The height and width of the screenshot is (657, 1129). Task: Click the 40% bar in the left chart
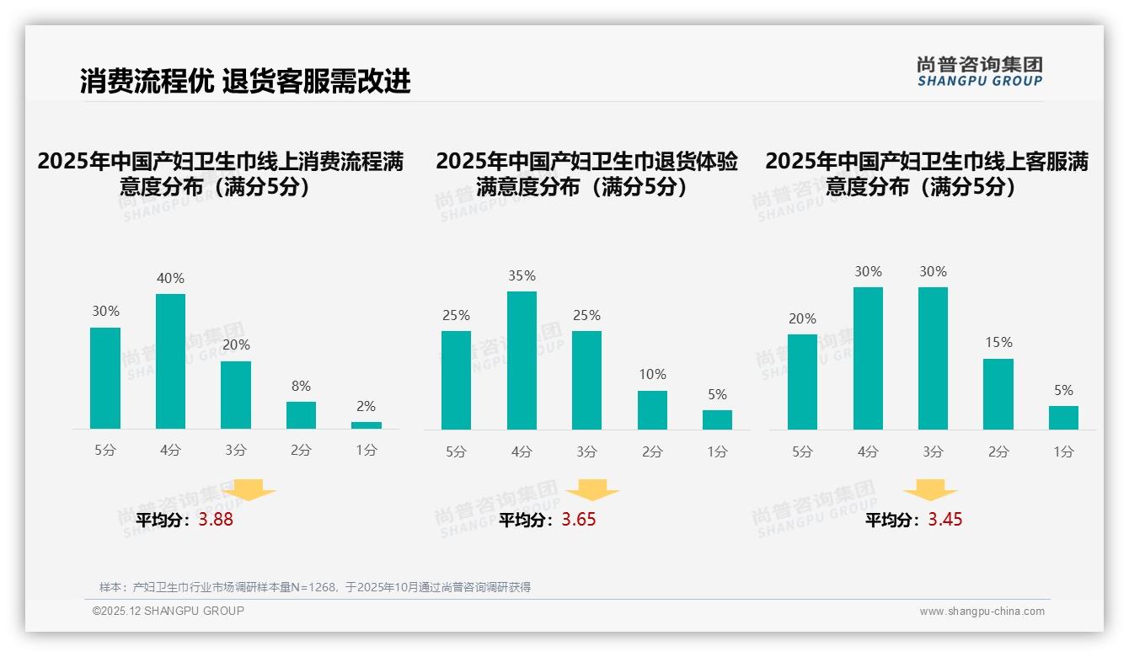(x=170, y=361)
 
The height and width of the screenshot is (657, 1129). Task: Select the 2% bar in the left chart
(x=367, y=425)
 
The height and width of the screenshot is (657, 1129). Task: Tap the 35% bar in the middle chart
(x=522, y=361)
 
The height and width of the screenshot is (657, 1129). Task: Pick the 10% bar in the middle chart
(x=652, y=410)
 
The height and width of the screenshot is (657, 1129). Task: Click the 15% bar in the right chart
(x=998, y=394)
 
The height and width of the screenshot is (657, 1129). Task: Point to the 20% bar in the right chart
(x=802, y=382)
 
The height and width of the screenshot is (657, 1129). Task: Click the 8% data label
(x=301, y=386)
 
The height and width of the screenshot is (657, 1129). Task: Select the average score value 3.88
(x=216, y=520)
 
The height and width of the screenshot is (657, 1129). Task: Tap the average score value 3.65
(x=579, y=520)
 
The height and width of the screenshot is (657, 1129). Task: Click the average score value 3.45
(x=945, y=520)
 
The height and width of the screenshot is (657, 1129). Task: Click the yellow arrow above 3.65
(x=592, y=489)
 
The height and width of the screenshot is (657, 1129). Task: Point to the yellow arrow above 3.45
(x=930, y=489)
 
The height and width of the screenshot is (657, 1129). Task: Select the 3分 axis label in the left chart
(x=236, y=451)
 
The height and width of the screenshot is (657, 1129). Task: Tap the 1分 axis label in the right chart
(x=1063, y=451)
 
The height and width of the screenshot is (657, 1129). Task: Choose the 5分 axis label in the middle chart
(x=456, y=451)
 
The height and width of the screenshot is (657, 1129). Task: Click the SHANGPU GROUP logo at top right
(x=979, y=72)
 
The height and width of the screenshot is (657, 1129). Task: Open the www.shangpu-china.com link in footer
(x=982, y=612)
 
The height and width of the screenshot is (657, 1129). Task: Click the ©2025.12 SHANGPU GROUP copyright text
(x=169, y=611)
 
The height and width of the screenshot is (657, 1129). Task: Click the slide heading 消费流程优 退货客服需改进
(x=245, y=81)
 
